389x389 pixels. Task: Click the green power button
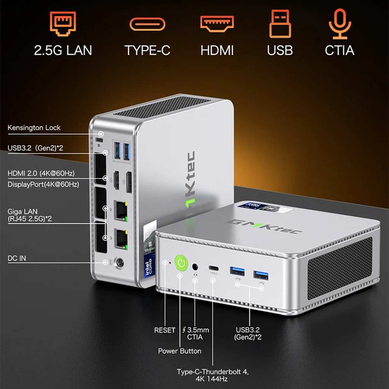pos(180,263)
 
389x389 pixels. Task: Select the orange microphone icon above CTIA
pos(339,25)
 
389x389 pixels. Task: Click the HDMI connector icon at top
pos(217,24)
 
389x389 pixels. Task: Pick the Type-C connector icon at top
pos(147,25)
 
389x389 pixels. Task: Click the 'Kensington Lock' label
pos(34,128)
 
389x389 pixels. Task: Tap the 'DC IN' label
pos(17,258)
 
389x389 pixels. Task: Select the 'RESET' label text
pos(165,330)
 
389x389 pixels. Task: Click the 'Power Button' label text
pos(180,351)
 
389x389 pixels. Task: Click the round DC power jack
pos(119,263)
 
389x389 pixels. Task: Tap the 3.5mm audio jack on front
pos(195,267)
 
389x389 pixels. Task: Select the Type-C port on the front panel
pos(213,268)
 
